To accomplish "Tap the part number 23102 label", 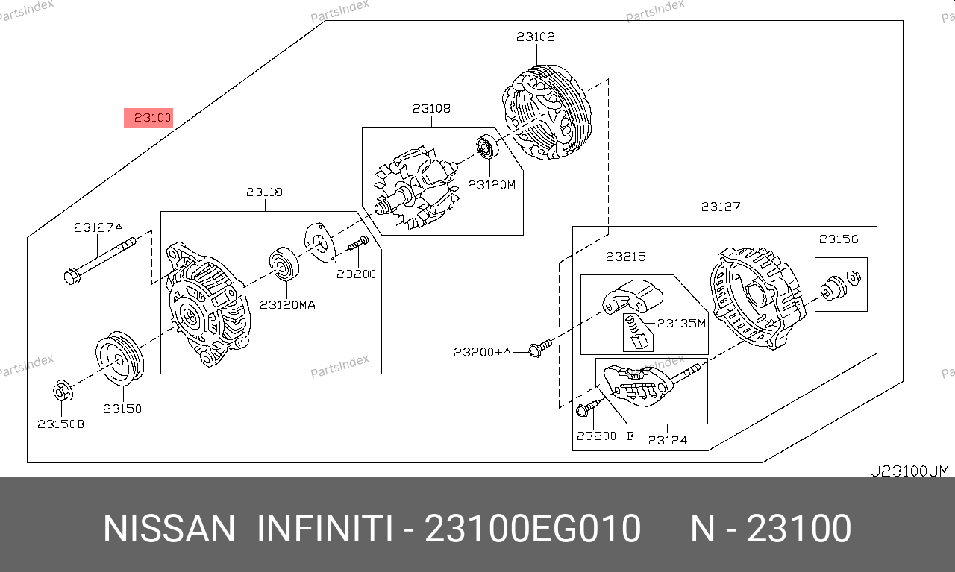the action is coord(536,37).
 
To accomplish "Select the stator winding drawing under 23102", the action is coord(547,113).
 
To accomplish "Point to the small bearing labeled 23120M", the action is coord(487,147).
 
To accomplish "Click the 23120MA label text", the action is coord(287,305).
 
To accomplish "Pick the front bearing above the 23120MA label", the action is coord(284,263).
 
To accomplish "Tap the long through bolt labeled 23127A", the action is coord(100,261).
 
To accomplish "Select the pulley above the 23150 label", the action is coord(119,359).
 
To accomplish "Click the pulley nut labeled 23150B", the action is coord(63,391).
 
